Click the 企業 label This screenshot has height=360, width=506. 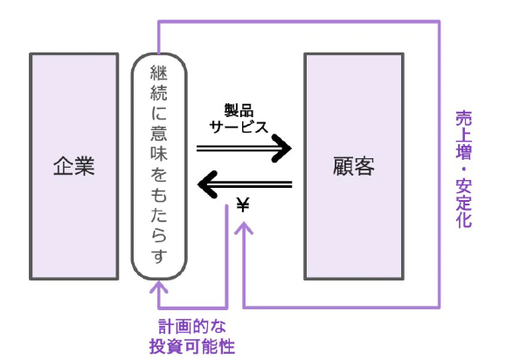click(74, 166)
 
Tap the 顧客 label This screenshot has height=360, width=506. click(354, 166)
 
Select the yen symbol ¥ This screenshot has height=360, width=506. click(243, 204)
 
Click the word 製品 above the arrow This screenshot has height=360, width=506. click(239, 110)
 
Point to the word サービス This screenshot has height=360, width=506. click(239, 127)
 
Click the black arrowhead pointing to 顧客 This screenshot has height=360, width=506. click(281, 148)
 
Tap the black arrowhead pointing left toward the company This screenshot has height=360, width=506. click(207, 184)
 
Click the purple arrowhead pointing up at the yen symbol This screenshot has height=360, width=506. click(244, 227)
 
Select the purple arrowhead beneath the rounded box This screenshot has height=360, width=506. click(158, 287)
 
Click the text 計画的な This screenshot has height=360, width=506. click(192, 326)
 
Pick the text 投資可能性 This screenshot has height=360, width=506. click(192, 346)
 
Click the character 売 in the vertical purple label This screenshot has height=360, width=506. click(464, 118)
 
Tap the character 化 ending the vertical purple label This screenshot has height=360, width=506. click(464, 220)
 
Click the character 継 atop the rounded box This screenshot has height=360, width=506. click(159, 73)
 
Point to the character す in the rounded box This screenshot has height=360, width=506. click(159, 256)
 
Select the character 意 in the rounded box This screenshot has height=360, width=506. click(159, 133)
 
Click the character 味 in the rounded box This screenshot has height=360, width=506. click(159, 153)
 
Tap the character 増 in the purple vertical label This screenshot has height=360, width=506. click(464, 151)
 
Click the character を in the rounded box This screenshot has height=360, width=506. click(159, 174)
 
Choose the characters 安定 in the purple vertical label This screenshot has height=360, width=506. click(464, 194)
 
